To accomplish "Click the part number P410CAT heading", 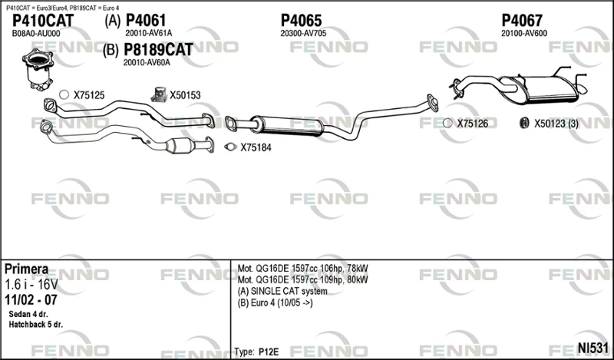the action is [x=43, y=21].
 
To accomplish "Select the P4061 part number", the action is [x=146, y=21].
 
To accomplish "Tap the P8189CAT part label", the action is [x=158, y=50].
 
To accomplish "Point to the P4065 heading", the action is [x=301, y=21].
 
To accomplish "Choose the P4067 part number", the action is [x=522, y=21].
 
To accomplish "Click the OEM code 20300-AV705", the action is [x=303, y=33].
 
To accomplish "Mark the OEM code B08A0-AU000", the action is [x=36, y=34].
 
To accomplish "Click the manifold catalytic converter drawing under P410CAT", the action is [x=38, y=69].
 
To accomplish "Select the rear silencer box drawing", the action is [x=544, y=90].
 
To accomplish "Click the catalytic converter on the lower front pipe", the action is [x=180, y=146].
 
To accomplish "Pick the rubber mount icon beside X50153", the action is [x=159, y=94].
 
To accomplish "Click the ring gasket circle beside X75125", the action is [x=64, y=94].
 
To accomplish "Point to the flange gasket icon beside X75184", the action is [x=231, y=147].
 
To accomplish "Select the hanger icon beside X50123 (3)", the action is [x=524, y=123].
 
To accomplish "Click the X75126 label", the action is [x=473, y=124].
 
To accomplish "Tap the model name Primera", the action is [x=27, y=269].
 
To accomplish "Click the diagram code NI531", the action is [x=593, y=348].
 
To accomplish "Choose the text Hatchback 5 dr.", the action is [x=35, y=325].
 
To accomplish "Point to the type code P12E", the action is [x=269, y=352].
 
